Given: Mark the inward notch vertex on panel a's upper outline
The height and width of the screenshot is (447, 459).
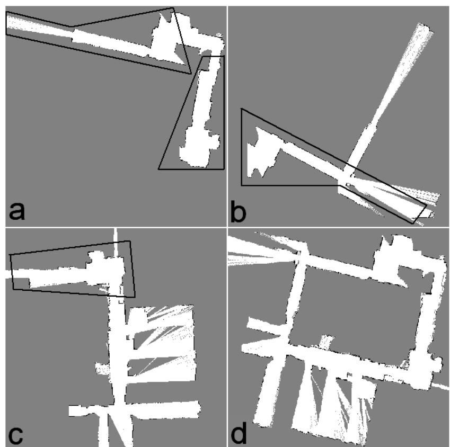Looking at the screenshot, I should click(72, 25).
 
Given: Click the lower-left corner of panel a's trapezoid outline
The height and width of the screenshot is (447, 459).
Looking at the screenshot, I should click(158, 169).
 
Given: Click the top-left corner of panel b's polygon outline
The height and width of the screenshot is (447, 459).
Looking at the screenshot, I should click(241, 109).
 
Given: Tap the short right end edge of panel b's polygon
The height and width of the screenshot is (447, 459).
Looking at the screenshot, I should click(420, 214).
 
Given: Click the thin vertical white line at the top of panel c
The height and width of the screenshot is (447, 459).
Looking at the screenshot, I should click(115, 234).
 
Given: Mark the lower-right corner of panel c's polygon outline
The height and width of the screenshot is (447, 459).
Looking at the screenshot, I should click(135, 296).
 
